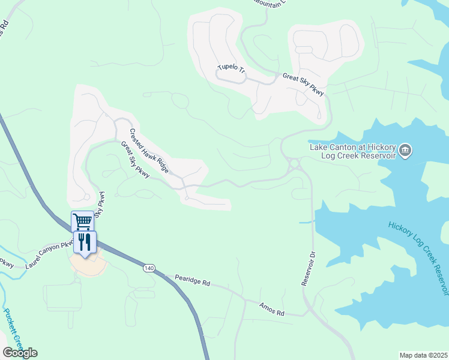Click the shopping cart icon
point(82,221)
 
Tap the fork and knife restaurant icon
point(85,242)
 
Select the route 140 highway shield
point(148,268)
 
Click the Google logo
point(20,352)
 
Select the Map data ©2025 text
point(423,355)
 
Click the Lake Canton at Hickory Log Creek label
point(352,151)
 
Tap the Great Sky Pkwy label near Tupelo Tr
point(304,85)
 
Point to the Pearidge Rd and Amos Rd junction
point(244,299)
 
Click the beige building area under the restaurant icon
point(88,265)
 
